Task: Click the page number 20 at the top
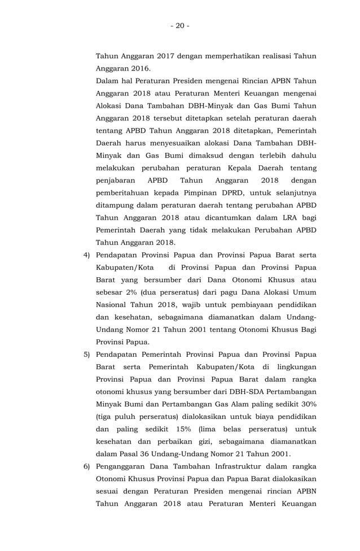click(x=180, y=26)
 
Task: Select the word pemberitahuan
click(x=128, y=193)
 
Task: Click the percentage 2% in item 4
click(x=137, y=292)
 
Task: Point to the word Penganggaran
click(x=124, y=466)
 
